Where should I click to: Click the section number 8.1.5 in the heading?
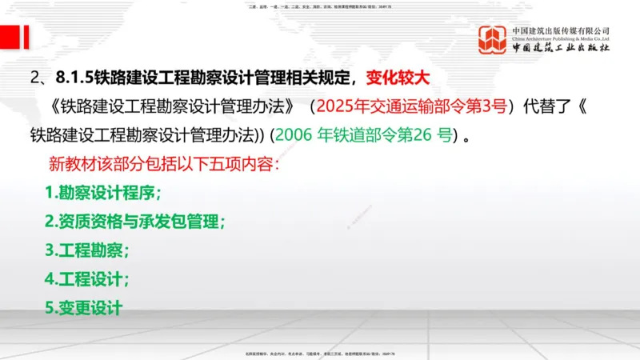pos(75,78)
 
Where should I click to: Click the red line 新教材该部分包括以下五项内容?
pos(164,165)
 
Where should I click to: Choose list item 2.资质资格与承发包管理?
pos(135,222)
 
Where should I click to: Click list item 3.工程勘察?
pos(87,250)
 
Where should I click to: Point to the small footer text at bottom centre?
pos(320,353)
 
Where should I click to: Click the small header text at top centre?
pos(320,6)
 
